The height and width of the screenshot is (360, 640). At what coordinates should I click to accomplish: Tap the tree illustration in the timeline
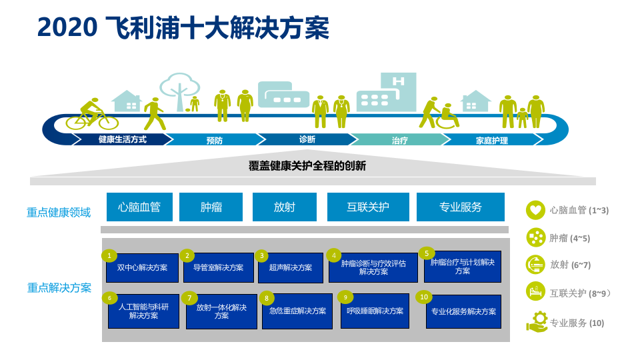click(179, 90)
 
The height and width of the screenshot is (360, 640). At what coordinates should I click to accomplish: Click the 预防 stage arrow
click(214, 140)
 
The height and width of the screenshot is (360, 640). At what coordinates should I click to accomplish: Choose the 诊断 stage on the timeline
click(307, 139)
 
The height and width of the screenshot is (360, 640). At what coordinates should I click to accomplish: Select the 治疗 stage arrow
click(399, 140)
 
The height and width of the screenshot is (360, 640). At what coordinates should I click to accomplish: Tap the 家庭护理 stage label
click(492, 140)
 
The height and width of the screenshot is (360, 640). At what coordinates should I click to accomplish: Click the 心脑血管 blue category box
click(139, 207)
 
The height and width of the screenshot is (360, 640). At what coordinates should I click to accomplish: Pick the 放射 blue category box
click(284, 207)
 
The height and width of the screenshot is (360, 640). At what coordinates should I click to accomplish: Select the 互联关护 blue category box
click(368, 207)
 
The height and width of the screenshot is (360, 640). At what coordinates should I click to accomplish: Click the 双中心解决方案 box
click(142, 267)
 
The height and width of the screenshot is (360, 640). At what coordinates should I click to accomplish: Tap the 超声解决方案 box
click(290, 267)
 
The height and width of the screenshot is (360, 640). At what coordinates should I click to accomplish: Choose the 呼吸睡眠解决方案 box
click(375, 311)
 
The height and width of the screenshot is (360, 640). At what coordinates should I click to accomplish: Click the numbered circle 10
click(424, 297)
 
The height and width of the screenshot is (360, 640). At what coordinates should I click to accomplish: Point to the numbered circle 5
click(426, 253)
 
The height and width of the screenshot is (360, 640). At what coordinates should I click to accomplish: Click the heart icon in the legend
click(535, 210)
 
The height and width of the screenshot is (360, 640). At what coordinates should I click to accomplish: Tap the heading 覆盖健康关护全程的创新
click(307, 166)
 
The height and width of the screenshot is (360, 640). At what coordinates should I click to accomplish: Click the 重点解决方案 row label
click(59, 288)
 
